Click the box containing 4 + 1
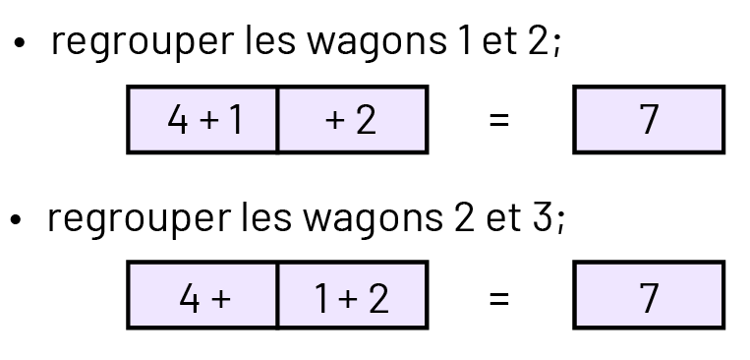202,120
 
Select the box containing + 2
352,120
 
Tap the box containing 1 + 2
352,295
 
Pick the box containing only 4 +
202,295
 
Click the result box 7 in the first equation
649,120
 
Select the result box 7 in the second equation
649,295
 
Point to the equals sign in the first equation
499,121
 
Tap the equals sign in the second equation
499,296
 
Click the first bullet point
19,47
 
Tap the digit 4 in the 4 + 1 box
177,120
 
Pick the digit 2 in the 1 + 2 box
377,295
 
